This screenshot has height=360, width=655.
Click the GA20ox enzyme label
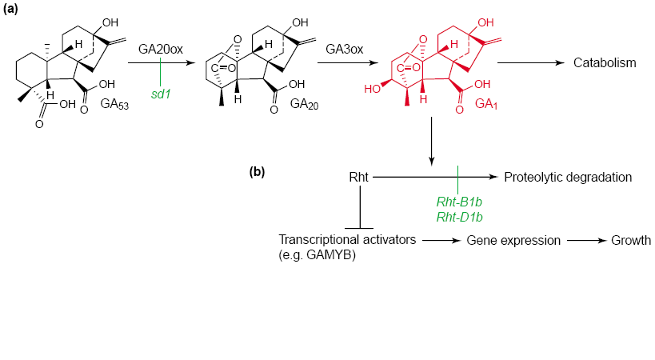point(161,50)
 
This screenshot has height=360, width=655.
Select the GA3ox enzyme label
point(344,50)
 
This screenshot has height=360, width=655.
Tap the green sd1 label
point(161,94)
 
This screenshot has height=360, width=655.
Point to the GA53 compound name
point(114,104)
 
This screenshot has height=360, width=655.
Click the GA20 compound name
point(304,104)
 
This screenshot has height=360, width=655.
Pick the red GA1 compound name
point(486,104)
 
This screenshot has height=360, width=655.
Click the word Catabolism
point(605,62)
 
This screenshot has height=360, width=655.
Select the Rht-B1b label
point(459,202)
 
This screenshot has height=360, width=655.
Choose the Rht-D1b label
point(460,217)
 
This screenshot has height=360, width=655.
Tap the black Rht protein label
point(358,177)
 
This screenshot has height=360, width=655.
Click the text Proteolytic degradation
point(568,177)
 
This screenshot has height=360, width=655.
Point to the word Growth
point(631,240)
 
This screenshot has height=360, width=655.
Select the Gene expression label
point(513,241)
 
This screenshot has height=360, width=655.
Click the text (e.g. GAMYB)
point(317,254)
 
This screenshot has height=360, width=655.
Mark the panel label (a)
point(10,9)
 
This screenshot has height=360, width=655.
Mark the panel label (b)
point(257,172)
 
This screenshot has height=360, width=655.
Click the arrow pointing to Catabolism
point(530,62)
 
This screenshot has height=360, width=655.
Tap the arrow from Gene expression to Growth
point(586,241)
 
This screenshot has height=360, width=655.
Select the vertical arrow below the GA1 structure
point(432,141)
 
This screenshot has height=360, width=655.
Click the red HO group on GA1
point(372,89)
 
